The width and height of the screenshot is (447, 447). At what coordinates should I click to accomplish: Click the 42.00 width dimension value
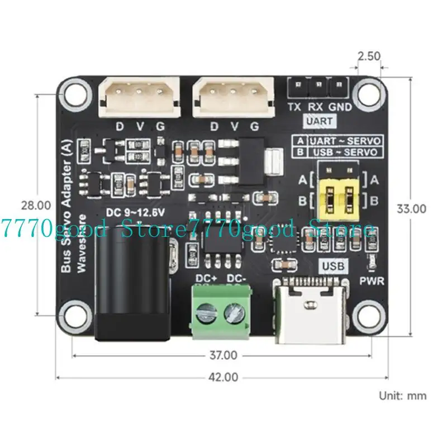tap(223, 377)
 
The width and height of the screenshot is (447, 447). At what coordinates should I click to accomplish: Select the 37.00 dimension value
tap(223, 355)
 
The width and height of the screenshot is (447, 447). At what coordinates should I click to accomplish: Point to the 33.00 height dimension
tap(411, 208)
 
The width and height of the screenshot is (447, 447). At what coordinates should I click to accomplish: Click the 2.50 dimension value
tap(369, 56)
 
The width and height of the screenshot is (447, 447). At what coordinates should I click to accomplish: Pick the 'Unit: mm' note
tap(403, 396)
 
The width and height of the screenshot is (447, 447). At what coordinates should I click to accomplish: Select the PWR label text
tap(372, 281)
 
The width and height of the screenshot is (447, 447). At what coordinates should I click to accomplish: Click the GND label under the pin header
tap(340, 107)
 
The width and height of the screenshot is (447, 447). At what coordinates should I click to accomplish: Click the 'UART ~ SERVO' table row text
tap(346, 141)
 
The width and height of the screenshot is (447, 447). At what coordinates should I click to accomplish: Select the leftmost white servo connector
tap(139, 96)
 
